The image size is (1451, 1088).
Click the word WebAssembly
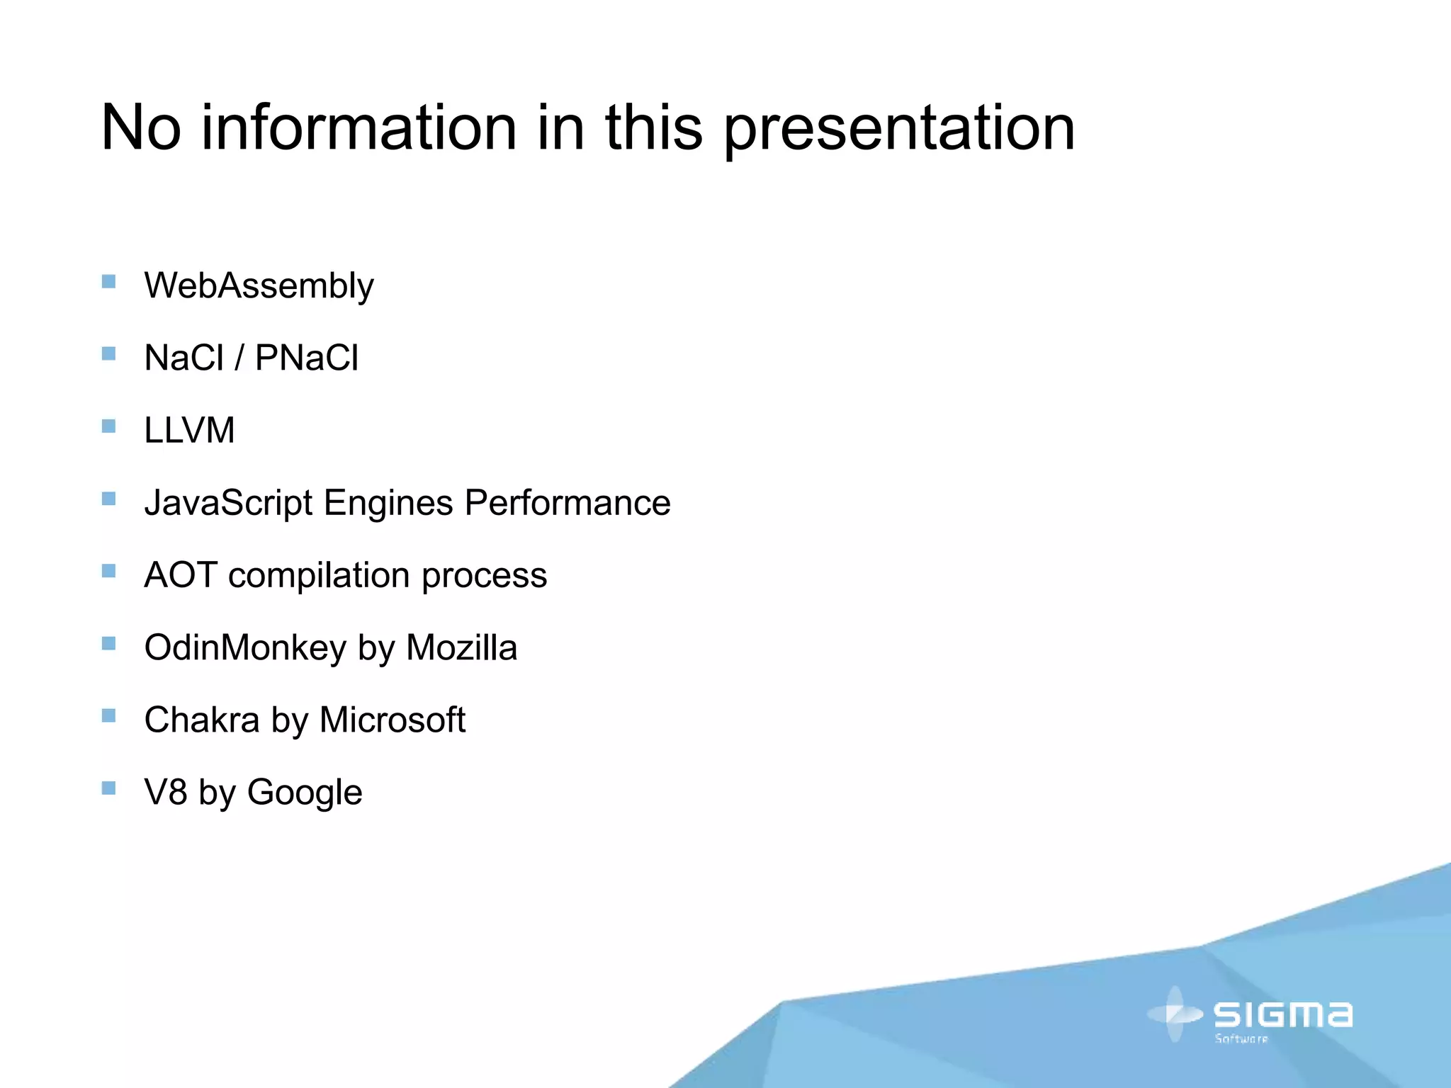pyautogui.click(x=259, y=286)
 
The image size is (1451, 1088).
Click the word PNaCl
pyautogui.click(x=307, y=358)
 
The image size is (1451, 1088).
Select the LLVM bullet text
pyautogui.click(x=189, y=431)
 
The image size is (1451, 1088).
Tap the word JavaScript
pyautogui.click(x=228, y=504)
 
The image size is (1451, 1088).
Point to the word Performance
pyautogui.click(x=568, y=503)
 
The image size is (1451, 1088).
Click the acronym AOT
pyautogui.click(x=180, y=575)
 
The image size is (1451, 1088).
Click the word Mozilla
pyautogui.click(x=461, y=648)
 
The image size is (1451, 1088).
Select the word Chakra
pyautogui.click(x=202, y=720)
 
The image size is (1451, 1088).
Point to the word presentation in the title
pyautogui.click(x=898, y=129)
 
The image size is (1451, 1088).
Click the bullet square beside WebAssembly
pyautogui.click(x=108, y=281)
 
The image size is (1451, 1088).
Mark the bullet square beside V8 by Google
pyautogui.click(x=108, y=788)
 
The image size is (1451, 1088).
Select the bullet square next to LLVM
pyautogui.click(x=108, y=426)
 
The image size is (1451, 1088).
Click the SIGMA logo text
pyautogui.click(x=1283, y=1014)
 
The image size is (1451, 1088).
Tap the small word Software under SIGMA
pyautogui.click(x=1241, y=1039)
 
